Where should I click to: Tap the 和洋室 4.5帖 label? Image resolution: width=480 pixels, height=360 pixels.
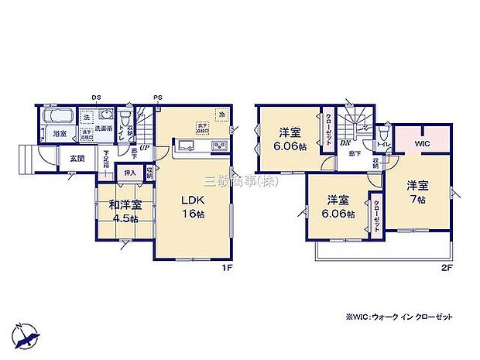pyautogui.click(x=125, y=211)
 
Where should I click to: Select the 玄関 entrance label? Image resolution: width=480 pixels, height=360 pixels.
pyautogui.click(x=77, y=159)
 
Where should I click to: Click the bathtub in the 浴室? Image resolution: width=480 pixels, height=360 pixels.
pyautogui.click(x=59, y=118)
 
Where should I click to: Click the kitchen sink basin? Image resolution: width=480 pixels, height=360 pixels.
pyautogui.click(x=186, y=146)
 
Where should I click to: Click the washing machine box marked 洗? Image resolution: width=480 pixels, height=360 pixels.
pyautogui.click(x=87, y=117)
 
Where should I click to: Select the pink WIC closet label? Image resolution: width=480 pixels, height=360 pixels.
pyautogui.click(x=420, y=143)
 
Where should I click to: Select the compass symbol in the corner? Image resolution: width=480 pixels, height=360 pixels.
pyautogui.click(x=29, y=334)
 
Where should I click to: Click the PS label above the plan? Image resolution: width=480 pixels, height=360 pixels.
pyautogui.click(x=157, y=97)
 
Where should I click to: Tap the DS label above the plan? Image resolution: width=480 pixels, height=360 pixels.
pyautogui.click(x=96, y=97)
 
